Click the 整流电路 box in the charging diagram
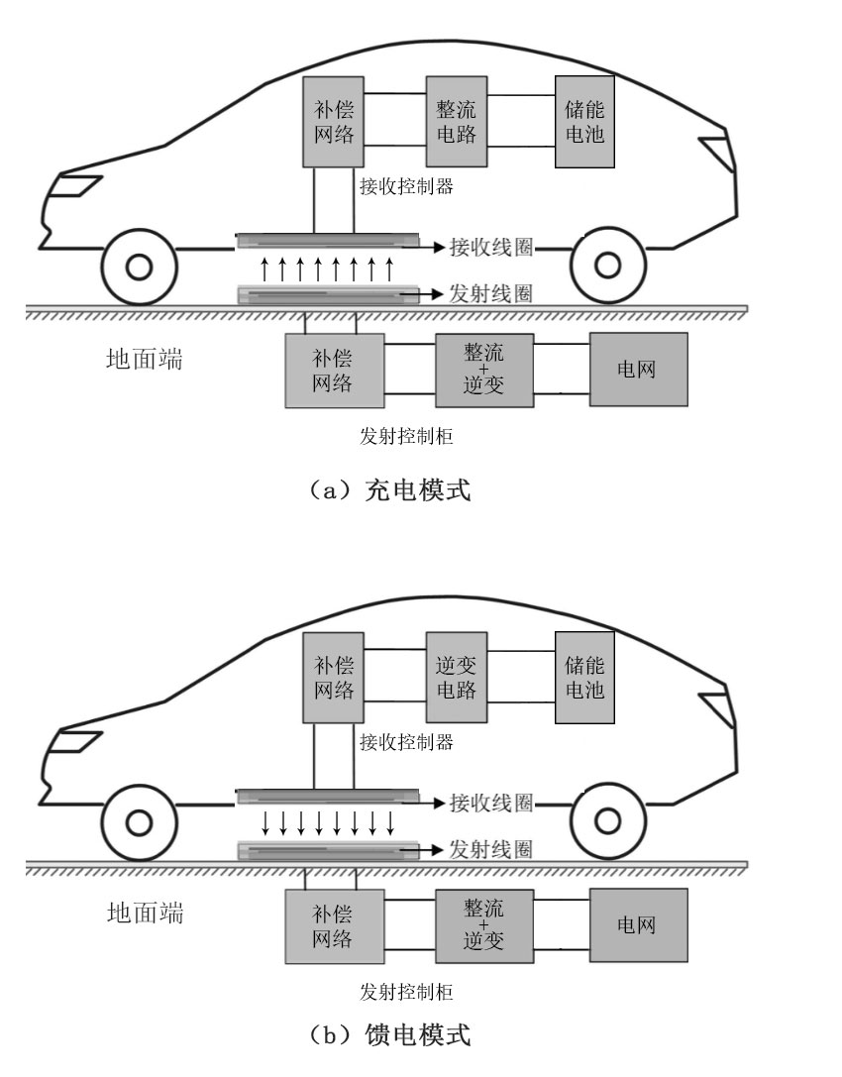click(x=457, y=122)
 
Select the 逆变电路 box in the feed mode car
click(x=457, y=678)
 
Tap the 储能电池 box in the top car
click(x=584, y=122)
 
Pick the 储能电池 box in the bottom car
click(x=584, y=678)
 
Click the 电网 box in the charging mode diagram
click(x=639, y=370)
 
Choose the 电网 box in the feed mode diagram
click(x=639, y=925)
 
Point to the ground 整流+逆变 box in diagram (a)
click(x=484, y=371)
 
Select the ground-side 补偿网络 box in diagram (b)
click(x=335, y=926)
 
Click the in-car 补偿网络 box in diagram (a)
click(x=333, y=122)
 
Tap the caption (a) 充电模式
click(x=389, y=490)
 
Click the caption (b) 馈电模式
click(x=389, y=1034)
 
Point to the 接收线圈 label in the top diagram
click(x=491, y=248)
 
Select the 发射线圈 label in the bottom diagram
click(x=491, y=850)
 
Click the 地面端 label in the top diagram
click(x=145, y=359)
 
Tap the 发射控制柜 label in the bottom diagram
click(x=406, y=991)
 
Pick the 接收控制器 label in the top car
click(x=406, y=186)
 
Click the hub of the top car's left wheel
click(x=140, y=267)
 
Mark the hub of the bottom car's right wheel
click(x=608, y=820)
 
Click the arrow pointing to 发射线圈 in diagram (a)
click(x=423, y=294)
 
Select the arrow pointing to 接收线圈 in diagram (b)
click(x=427, y=803)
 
